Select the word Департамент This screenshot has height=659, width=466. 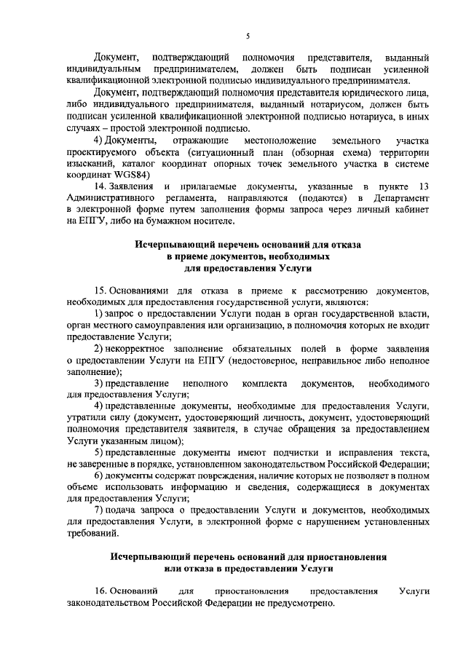pos(399,199)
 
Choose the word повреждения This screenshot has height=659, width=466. pos(218,475)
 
